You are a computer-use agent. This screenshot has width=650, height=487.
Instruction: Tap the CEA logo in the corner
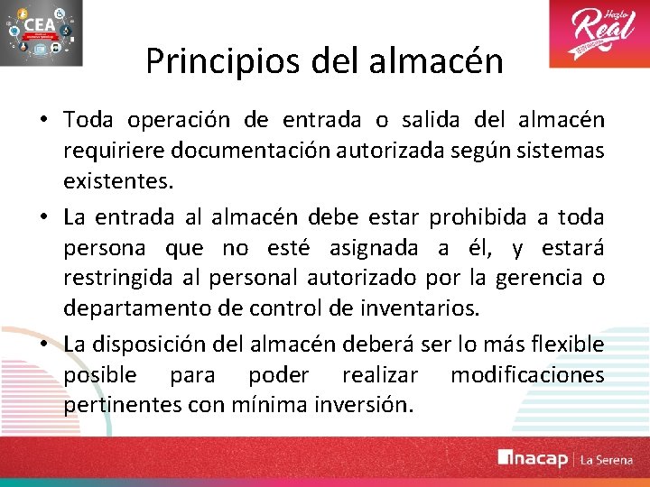point(42,33)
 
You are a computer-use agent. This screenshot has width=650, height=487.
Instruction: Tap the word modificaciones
point(528,375)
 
